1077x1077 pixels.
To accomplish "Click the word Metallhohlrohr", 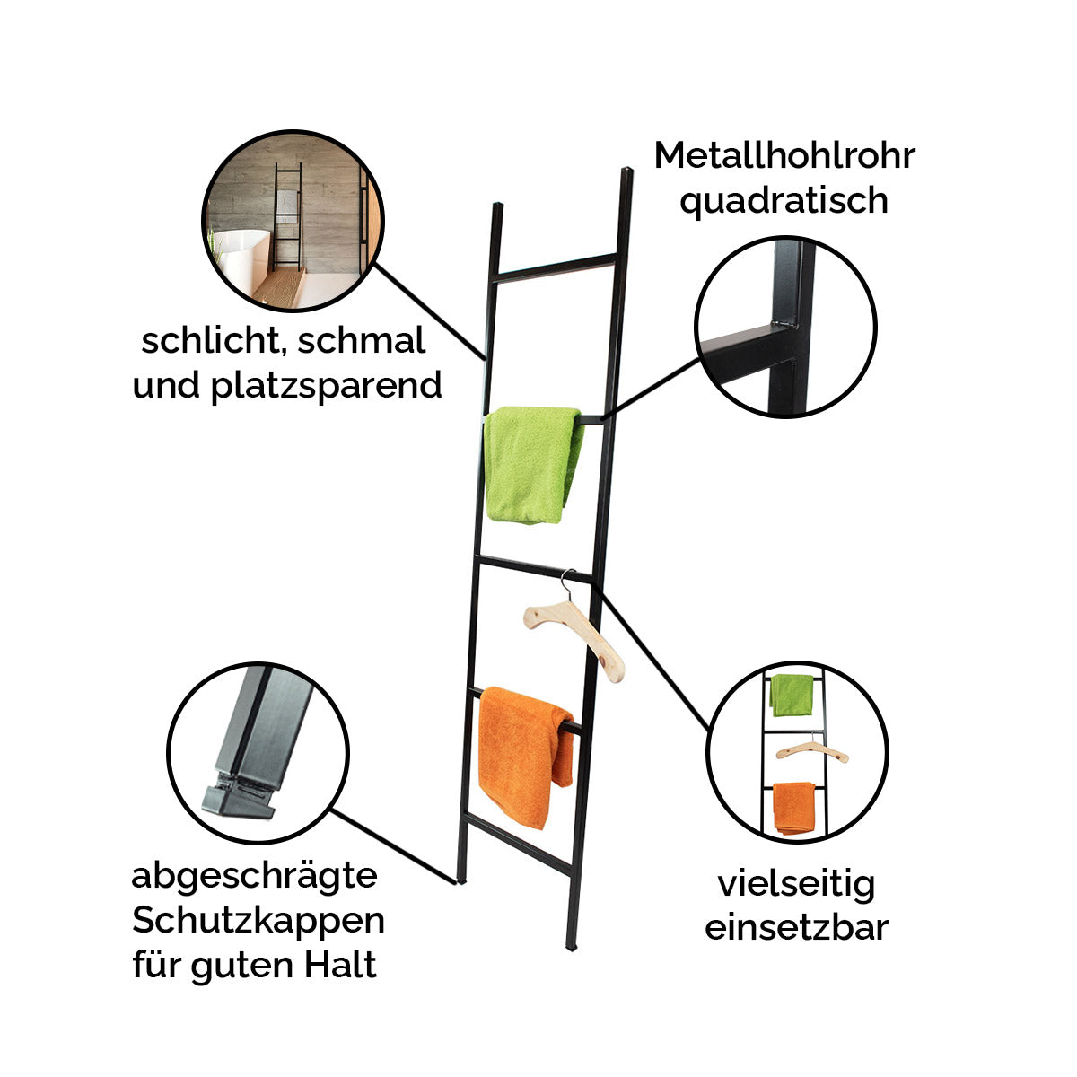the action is point(784,155).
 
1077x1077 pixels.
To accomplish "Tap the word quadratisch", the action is point(784,202).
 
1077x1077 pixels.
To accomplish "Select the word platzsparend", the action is point(326,387).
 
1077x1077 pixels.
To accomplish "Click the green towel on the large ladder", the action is point(531,465).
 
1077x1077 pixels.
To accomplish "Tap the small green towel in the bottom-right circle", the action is point(792,695).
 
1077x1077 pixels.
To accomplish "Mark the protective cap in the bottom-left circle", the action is point(240,795).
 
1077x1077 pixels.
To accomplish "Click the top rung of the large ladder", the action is point(556,268).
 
